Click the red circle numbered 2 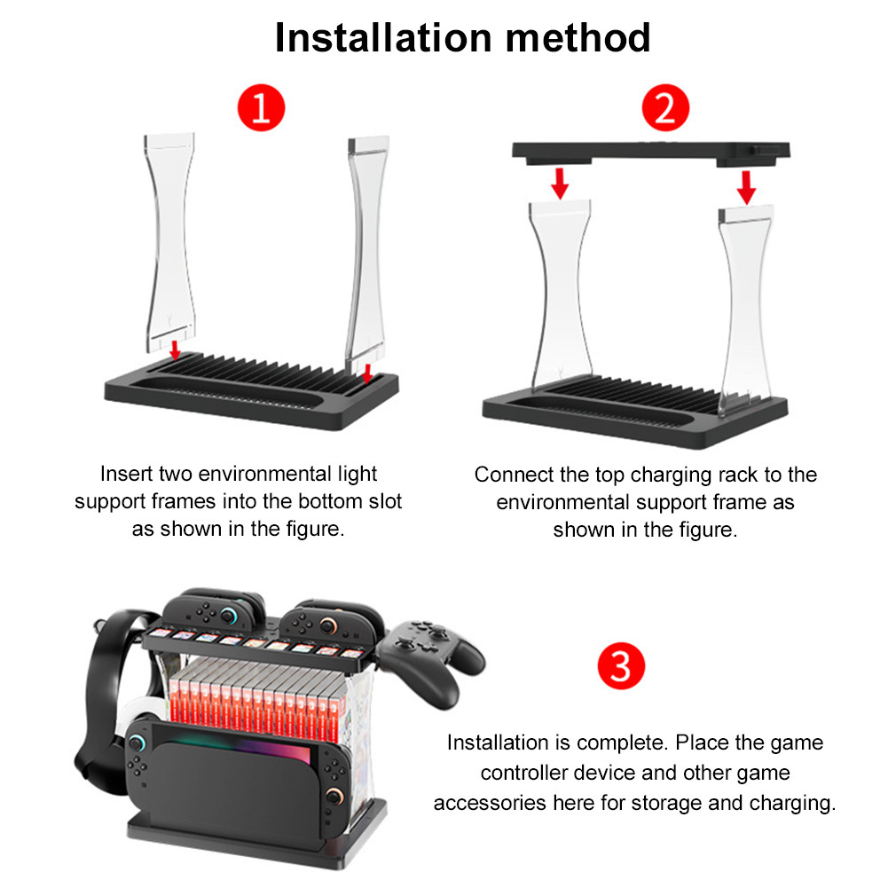(664, 109)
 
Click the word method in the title (580, 38)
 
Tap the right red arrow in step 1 (367, 369)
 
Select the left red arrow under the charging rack (559, 184)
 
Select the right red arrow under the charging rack (747, 186)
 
